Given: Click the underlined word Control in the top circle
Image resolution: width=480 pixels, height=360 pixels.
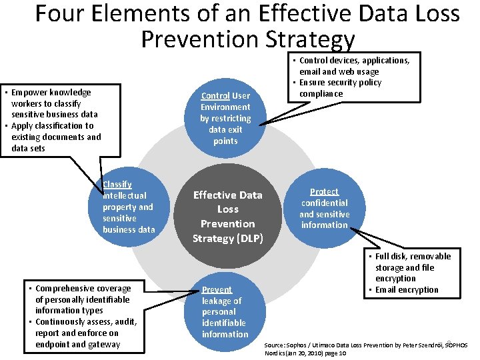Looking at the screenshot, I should [x=215, y=96].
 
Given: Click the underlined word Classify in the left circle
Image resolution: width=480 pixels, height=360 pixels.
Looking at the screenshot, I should [x=117, y=184].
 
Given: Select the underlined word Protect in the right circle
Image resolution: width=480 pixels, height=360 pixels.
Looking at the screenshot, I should [x=324, y=191].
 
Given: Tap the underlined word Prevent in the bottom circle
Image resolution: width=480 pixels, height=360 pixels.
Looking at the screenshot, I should [x=217, y=289].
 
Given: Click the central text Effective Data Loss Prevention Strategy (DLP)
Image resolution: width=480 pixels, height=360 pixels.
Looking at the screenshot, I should [x=227, y=217].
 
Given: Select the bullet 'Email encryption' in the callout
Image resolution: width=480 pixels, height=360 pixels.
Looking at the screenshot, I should [x=406, y=290].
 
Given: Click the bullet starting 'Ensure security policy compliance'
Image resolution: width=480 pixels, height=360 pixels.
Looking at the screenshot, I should [x=340, y=88].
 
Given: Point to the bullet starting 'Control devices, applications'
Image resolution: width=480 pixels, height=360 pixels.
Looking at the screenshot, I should [x=349, y=65].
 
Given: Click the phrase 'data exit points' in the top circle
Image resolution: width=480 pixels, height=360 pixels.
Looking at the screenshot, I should [x=226, y=135].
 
